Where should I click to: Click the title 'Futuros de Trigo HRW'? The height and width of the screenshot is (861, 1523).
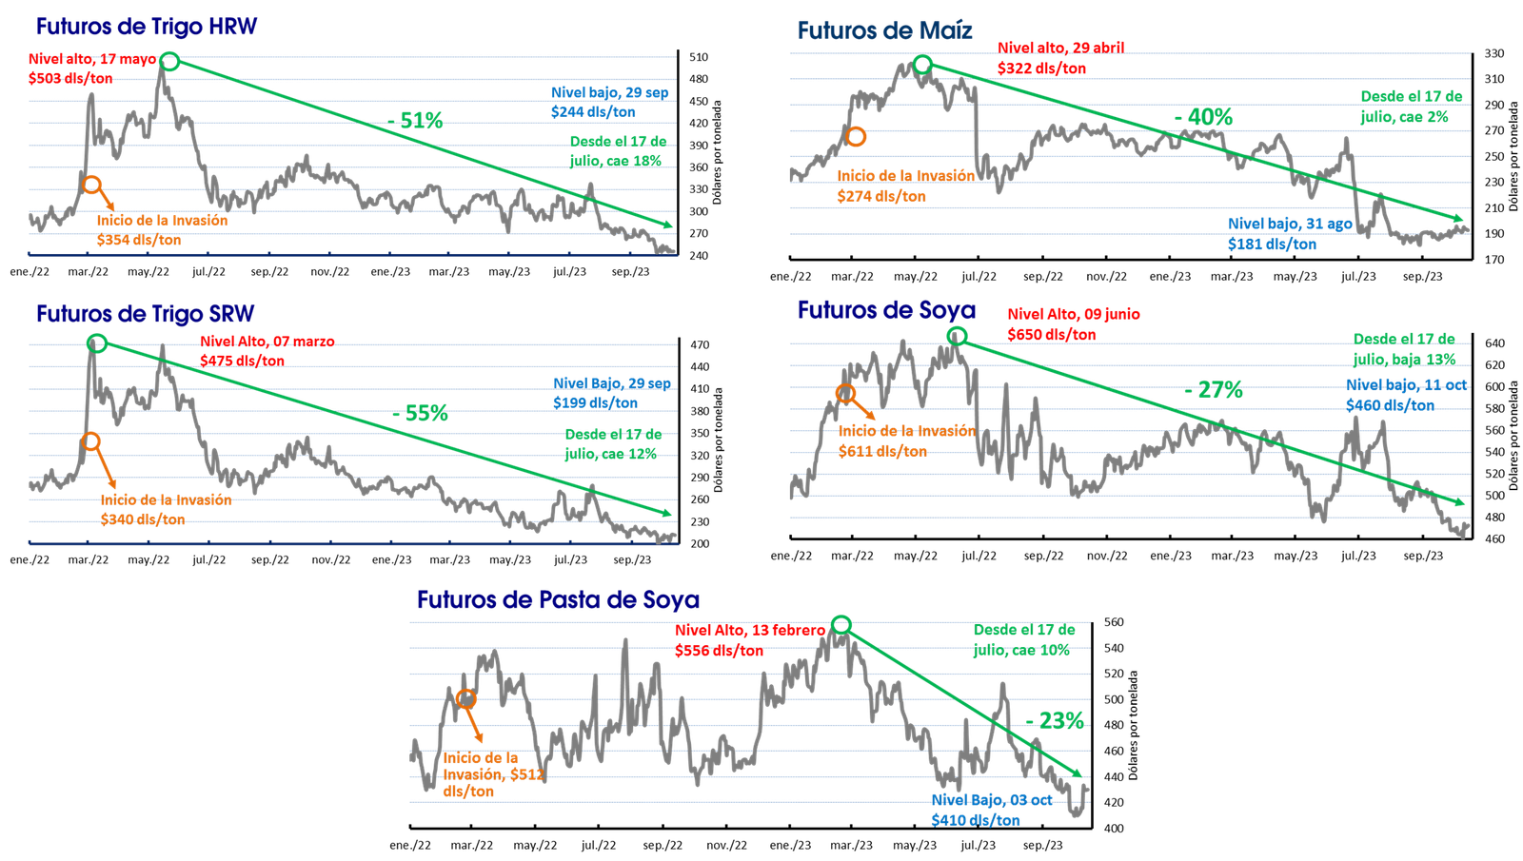146,26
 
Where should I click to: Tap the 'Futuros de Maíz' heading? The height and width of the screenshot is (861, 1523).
884,30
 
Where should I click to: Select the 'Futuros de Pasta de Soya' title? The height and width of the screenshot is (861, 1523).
559,599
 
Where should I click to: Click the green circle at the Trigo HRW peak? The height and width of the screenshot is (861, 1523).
169,62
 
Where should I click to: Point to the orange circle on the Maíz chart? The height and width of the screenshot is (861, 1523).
856,137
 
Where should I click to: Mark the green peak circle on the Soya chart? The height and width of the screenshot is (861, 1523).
958,335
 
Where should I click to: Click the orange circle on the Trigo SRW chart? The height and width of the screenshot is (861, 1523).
91,441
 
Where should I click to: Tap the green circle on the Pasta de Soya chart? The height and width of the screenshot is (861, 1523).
841,624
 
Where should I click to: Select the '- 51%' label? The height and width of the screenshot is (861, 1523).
416,121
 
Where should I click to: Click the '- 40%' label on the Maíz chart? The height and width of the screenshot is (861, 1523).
1203,118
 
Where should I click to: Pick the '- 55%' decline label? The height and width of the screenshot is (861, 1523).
419,413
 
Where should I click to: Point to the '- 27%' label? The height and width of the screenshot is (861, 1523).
1214,390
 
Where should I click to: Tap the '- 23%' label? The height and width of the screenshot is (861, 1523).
1055,719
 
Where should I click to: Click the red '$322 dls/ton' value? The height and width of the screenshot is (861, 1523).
1041,68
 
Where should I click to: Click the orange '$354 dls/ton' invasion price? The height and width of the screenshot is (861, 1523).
138,241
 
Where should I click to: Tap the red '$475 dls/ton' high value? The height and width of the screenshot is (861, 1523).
242,362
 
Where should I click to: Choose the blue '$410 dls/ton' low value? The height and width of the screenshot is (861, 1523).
975,819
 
